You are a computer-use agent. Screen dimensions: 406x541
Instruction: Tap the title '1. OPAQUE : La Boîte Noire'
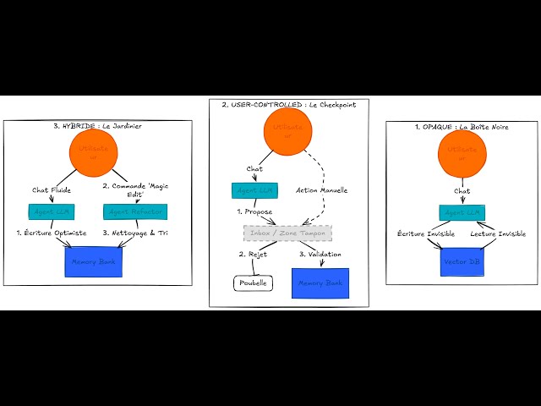[461, 126]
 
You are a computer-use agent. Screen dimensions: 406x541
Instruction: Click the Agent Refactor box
[135, 211]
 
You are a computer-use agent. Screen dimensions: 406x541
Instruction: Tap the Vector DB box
[462, 262]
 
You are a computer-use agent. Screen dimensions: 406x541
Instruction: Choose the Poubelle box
[254, 283]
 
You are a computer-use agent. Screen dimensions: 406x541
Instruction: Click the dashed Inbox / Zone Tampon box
[287, 233]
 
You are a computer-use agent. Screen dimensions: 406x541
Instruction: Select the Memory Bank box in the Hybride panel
[94, 261]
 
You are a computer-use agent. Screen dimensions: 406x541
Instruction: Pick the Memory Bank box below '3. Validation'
[321, 283]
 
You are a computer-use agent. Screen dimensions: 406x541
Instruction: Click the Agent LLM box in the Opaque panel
[462, 211]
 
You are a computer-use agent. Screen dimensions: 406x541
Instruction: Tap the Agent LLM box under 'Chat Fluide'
[52, 211]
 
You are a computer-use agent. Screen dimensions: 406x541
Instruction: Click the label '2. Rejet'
[254, 254]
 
